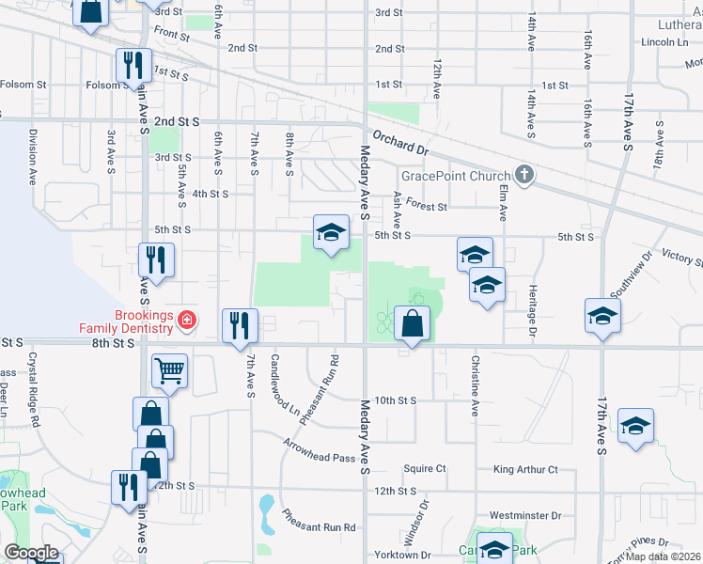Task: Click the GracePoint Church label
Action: tap(455, 176)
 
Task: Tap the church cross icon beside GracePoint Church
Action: tap(524, 175)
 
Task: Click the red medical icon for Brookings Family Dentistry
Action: tap(187, 321)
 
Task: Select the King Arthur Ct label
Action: tap(525, 469)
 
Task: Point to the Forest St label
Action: tap(427, 206)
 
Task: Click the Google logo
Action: tap(31, 553)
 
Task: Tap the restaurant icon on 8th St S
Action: tap(240, 324)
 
